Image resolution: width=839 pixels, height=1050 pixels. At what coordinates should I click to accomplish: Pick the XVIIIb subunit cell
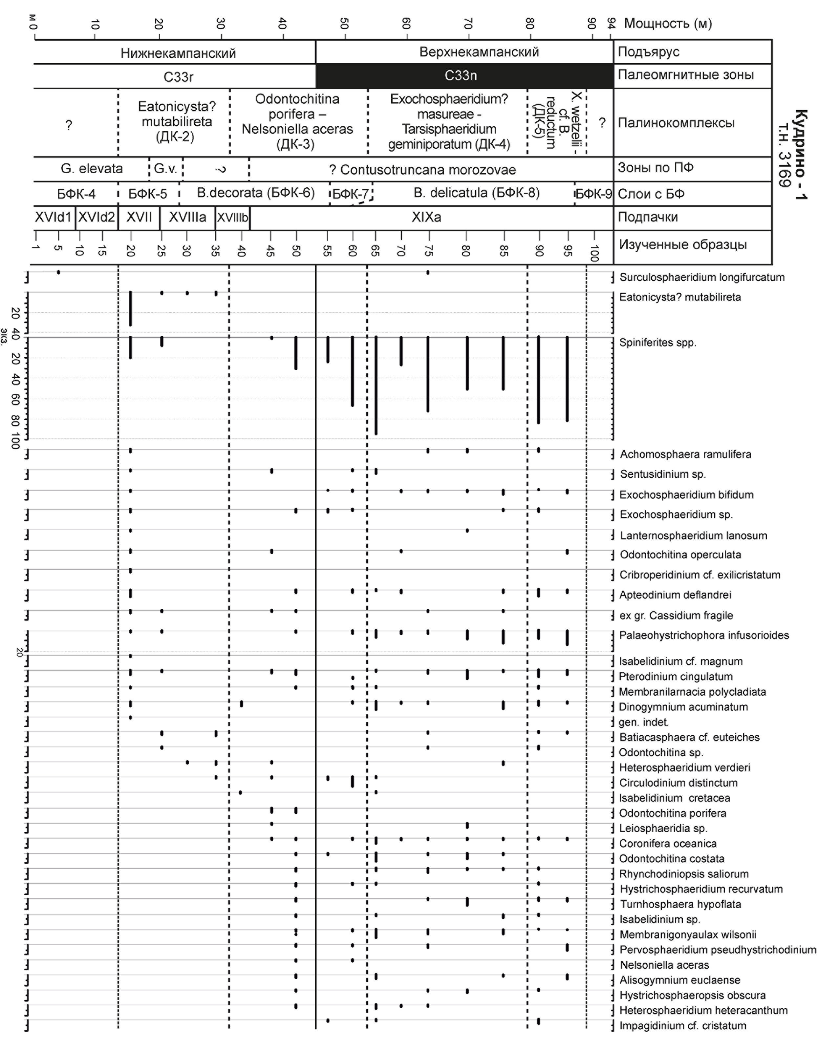(x=232, y=218)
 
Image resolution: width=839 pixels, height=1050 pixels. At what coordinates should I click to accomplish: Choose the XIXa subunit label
(x=426, y=217)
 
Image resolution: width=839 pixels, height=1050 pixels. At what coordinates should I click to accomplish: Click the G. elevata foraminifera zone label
(x=92, y=169)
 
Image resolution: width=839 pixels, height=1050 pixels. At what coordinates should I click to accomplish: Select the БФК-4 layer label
(x=76, y=194)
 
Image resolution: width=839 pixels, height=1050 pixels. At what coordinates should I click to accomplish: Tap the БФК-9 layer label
(x=593, y=194)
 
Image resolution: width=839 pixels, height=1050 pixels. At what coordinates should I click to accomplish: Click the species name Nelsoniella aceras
(x=664, y=965)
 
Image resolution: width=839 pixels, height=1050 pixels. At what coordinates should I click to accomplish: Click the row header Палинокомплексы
(x=676, y=123)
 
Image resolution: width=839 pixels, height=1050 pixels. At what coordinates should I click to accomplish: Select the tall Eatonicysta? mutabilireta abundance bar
(x=130, y=309)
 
